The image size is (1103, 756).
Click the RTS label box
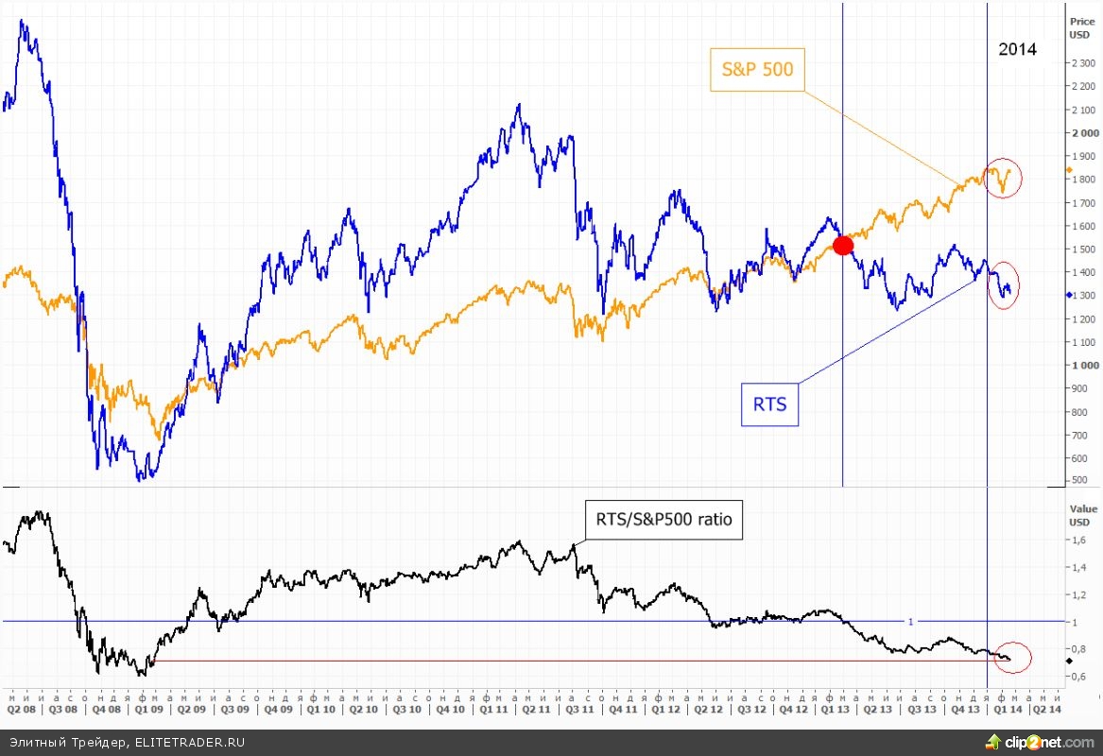point(770,405)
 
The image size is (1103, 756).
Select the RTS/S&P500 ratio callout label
point(664,519)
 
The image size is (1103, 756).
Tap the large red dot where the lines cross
point(842,246)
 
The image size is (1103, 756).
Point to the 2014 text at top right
point(1017,50)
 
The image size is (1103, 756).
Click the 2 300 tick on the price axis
point(1083,63)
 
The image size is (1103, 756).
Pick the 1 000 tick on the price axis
point(1083,365)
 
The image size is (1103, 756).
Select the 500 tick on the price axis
point(1079,481)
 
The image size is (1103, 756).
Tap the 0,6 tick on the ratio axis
point(1078,677)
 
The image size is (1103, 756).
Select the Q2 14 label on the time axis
point(1043,708)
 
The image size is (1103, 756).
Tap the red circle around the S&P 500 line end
point(1002,178)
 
